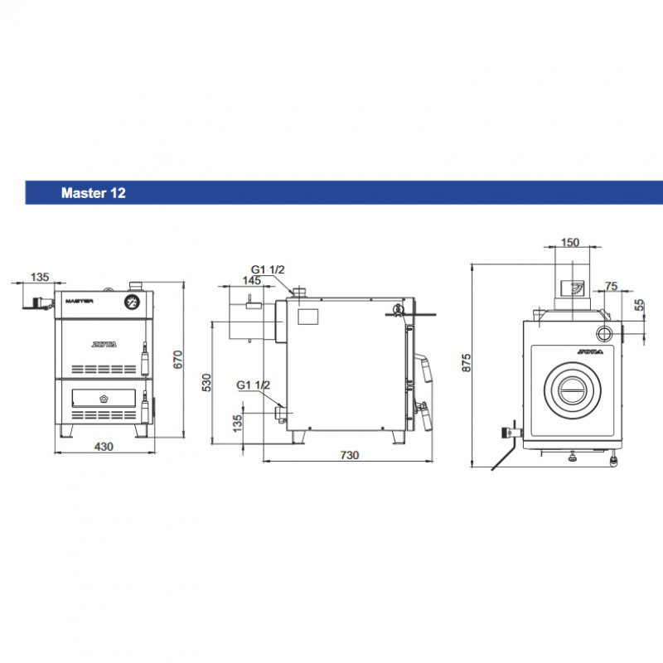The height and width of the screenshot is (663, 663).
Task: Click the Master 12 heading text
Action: pyautogui.click(x=94, y=193)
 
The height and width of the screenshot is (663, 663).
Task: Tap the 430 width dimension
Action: pyautogui.click(x=104, y=447)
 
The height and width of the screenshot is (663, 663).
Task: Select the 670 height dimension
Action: pyautogui.click(x=178, y=360)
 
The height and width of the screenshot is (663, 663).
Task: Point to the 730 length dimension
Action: pyautogui.click(x=350, y=455)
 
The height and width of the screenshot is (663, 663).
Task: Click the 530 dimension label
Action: pyautogui.click(x=206, y=383)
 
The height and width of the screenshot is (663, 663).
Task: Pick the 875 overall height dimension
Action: pyautogui.click(x=466, y=363)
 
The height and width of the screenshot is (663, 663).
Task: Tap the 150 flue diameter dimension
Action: pyautogui.click(x=570, y=242)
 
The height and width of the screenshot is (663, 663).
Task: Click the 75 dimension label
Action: pyautogui.click(x=612, y=286)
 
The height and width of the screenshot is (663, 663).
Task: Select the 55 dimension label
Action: pyautogui.click(x=639, y=305)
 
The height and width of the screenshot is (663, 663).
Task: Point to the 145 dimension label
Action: pyautogui.click(x=252, y=280)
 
